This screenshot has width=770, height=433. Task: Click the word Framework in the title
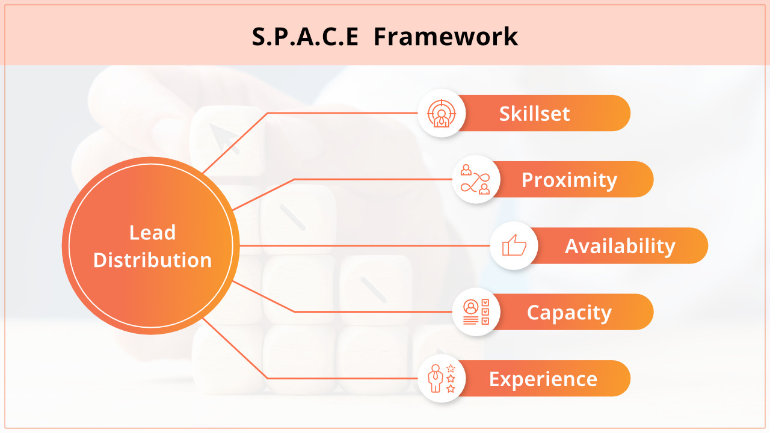pos(445,37)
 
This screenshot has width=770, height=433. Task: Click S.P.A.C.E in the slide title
pos(305,37)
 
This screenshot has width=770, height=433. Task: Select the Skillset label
pos(534,114)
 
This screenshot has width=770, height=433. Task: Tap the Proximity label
pos(569,180)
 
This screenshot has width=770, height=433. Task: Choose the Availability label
pos(620,246)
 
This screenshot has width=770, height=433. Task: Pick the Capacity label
pos(569,313)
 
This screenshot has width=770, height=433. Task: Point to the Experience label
pos(543,379)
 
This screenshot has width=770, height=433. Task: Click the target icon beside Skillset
pos(442,113)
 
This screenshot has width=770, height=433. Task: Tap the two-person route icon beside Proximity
pos(476,179)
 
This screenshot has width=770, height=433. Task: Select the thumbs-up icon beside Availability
pos(514,245)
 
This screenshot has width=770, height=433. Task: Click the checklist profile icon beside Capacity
pos(476,312)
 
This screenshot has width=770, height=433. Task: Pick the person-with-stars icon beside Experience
pos(442,378)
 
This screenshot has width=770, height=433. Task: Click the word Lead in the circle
pos(153,233)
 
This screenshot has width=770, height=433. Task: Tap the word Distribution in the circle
pos(153,260)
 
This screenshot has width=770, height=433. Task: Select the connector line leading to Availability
pos(361,245)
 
